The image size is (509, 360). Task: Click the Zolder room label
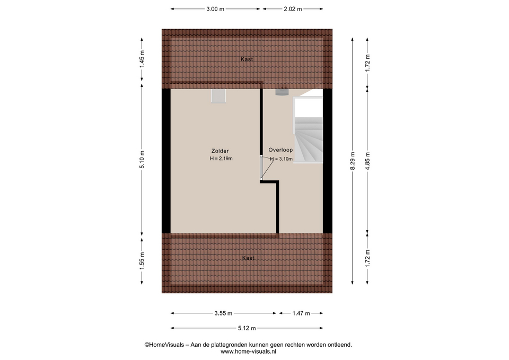[220, 151]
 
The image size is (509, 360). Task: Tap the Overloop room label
[280, 150]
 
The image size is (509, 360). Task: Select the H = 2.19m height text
[221, 159]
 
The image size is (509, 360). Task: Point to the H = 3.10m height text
[282, 159]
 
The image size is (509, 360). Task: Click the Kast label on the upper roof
[247, 59]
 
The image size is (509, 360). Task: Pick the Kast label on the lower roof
[248, 258]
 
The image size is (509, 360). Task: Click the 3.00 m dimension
[215, 9]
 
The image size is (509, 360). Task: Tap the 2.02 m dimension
[293, 9]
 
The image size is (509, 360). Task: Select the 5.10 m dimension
[142, 160]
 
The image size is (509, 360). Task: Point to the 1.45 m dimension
[142, 59]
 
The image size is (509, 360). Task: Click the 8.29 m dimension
[353, 161]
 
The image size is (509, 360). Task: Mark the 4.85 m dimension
[367, 161]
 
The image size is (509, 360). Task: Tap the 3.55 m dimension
[223, 313]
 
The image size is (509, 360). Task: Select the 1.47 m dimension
[301, 313]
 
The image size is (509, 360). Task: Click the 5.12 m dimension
[247, 328]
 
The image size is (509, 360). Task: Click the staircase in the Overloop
[308, 130]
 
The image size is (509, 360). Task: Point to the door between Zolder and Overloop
[261, 168]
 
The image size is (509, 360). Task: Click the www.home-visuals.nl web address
[248, 351]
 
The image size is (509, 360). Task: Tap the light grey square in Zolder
[218, 96]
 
